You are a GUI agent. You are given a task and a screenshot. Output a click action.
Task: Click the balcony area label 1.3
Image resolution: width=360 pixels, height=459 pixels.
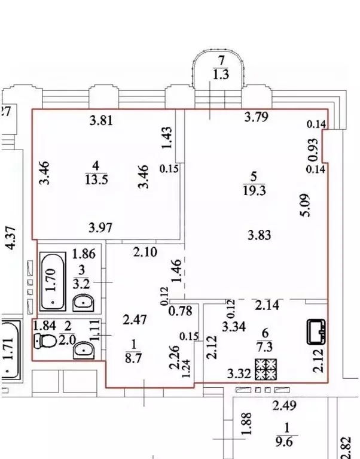click(221, 75)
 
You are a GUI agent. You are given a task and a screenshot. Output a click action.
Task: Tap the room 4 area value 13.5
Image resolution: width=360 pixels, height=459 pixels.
click(96, 180)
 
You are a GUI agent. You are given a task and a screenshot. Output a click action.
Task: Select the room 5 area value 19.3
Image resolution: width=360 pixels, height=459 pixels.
click(254, 190)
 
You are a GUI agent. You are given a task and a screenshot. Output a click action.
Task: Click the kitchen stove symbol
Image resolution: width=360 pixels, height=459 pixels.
click(266, 369)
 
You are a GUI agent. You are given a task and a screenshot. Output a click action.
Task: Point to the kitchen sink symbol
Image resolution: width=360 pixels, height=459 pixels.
click(316, 332)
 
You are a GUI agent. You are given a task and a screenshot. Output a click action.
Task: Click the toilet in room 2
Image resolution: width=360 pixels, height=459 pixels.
click(45, 341)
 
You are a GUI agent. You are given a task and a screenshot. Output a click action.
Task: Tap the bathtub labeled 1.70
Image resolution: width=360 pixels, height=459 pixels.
click(53, 282)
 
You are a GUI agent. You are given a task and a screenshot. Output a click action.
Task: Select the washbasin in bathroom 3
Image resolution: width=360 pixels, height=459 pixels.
click(83, 303)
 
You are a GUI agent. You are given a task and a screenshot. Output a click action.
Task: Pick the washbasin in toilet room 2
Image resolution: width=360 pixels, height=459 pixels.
click(84, 350)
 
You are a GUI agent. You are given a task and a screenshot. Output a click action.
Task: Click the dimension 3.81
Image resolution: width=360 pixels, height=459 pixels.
click(101, 120)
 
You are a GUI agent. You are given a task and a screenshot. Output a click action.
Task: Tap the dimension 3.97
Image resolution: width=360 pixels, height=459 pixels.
click(101, 227)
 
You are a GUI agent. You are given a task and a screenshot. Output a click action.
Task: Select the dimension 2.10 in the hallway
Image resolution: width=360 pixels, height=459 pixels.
click(145, 252)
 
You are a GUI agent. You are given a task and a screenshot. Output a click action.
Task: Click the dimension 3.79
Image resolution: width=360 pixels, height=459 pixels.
click(256, 117)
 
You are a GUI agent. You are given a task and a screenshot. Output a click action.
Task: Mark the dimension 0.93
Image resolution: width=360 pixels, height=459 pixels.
click(313, 150)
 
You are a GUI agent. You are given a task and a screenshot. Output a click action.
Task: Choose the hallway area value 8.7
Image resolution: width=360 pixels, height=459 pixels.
click(133, 358)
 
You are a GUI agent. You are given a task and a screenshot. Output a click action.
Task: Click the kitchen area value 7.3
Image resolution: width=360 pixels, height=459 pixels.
click(265, 346)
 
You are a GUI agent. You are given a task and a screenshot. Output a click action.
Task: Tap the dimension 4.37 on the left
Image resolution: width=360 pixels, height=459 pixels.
click(11, 238)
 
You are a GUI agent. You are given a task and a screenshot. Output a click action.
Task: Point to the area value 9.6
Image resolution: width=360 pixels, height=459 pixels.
click(284, 442)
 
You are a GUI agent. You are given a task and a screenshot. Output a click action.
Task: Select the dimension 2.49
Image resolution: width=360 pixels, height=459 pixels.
click(285, 405)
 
